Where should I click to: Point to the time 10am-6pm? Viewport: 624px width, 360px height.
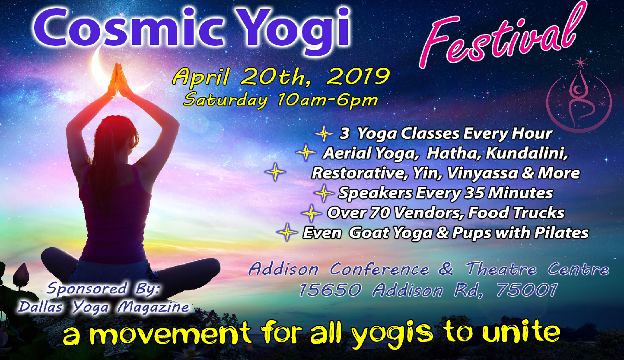(327, 100)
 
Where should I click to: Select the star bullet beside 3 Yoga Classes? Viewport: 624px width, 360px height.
(324, 134)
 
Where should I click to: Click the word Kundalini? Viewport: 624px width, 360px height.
(526, 153)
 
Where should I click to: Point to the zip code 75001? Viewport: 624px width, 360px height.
(527, 290)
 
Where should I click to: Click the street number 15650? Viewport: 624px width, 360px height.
(330, 290)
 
